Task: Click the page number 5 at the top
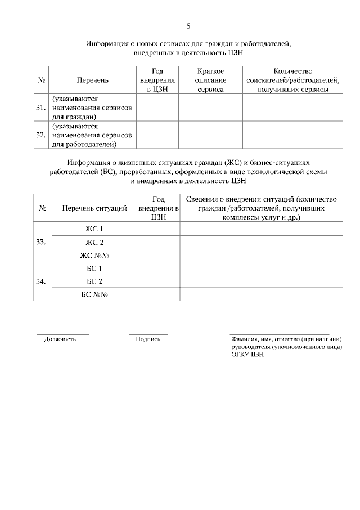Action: (x=188, y=25)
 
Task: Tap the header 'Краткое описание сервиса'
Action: (x=211, y=80)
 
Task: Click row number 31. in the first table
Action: (x=40, y=108)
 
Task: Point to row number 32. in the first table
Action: (x=40, y=135)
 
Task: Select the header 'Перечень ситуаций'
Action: (x=94, y=208)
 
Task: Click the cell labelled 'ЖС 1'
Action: (x=94, y=229)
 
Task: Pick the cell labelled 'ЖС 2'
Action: (x=94, y=243)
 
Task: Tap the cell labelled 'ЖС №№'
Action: (x=94, y=256)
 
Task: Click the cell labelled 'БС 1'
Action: (x=94, y=269)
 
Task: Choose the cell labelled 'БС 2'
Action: (x=94, y=281)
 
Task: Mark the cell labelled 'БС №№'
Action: (x=94, y=294)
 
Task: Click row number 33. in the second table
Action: (x=40, y=243)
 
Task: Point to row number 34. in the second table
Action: (x=40, y=281)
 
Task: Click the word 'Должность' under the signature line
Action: (x=60, y=339)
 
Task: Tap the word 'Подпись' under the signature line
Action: (x=148, y=339)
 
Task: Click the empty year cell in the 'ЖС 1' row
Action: (x=158, y=229)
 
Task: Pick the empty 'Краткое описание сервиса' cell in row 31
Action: (x=211, y=108)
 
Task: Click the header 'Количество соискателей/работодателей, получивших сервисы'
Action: (x=292, y=80)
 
